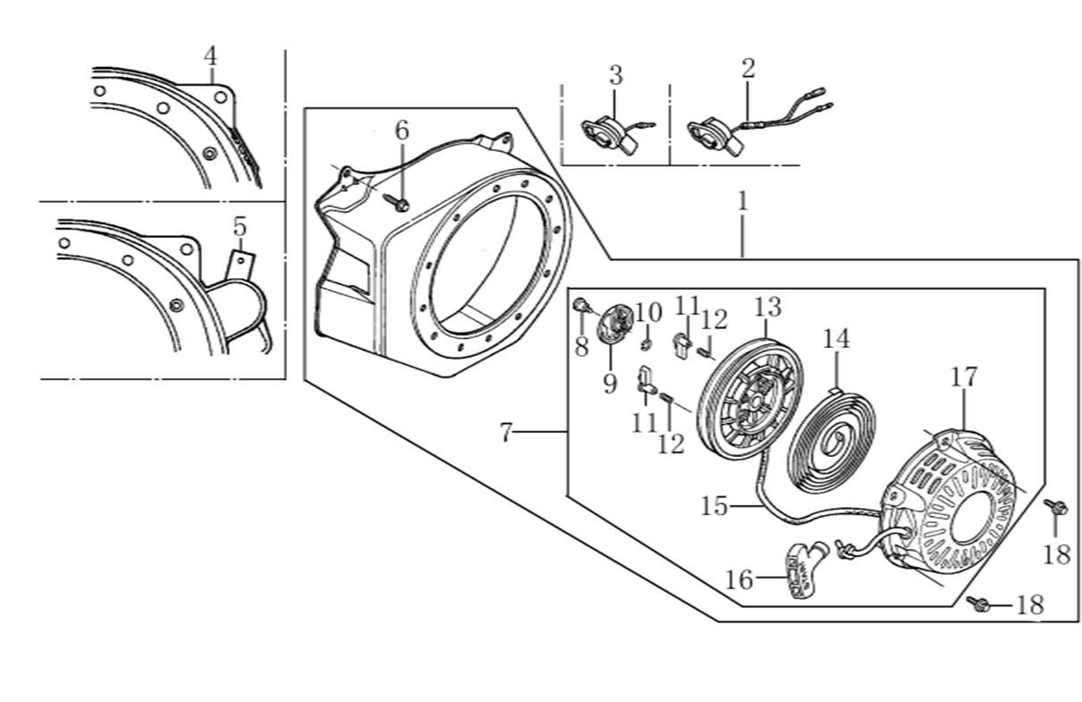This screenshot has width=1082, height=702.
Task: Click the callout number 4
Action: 210,55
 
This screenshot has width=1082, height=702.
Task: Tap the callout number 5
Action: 239,227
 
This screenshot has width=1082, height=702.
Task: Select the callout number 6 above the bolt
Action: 402,131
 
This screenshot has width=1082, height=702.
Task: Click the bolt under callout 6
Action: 400,204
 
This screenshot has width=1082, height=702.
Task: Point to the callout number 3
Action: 615,75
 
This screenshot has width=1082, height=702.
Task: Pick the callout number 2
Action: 748,67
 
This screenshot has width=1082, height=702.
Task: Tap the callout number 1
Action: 741,200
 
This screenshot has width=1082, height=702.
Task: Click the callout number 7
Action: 506,434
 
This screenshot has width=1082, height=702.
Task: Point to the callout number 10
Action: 649,313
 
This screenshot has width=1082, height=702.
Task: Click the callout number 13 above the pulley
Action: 767,307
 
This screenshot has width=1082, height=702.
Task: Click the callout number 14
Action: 836,339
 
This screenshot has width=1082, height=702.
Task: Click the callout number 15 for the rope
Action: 714,506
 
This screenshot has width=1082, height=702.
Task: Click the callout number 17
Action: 965,376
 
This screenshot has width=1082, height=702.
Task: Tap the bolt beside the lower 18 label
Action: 978,605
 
